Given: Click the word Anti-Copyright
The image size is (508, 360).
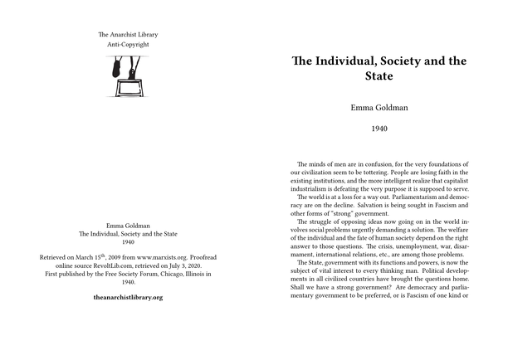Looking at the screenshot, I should tap(127, 43).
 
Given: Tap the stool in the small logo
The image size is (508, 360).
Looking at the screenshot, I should tap(129, 85).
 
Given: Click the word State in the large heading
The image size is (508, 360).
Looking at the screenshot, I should tap(379, 76).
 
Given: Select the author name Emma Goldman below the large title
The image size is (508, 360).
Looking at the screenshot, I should tap(378, 108).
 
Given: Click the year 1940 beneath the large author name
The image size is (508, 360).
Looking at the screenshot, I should tap(378, 129).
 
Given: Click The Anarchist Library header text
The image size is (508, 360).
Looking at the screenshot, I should tap(127, 34).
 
